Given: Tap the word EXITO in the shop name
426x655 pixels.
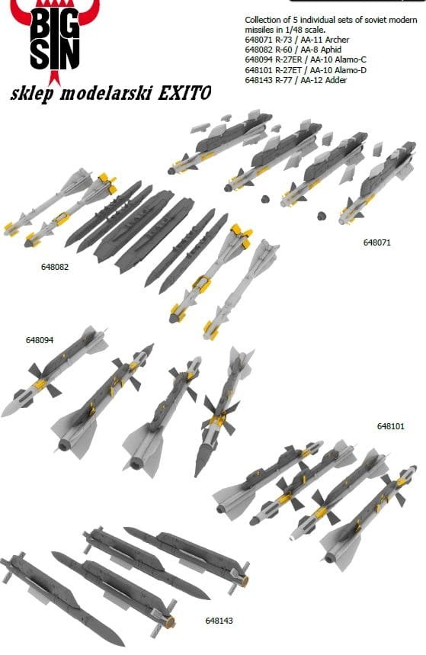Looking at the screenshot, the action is (x=184, y=93).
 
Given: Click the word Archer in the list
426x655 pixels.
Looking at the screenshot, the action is (x=337, y=40).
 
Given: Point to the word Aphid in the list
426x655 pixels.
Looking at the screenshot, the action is (x=330, y=50).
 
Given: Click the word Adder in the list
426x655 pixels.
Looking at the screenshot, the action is (x=336, y=80).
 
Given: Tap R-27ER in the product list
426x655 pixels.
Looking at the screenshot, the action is (x=289, y=59).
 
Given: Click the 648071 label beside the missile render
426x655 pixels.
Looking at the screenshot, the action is (x=377, y=242).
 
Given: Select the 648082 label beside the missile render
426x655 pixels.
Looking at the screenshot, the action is (x=55, y=267).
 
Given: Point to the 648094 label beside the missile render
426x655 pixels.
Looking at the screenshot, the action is (x=40, y=340).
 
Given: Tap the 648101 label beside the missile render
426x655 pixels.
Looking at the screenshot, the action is (x=391, y=426).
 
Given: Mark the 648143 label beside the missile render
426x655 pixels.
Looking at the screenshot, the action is (x=219, y=621).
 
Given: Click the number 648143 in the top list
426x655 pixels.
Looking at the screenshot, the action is (x=258, y=80).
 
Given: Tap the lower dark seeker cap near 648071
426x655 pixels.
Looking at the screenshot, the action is (x=321, y=216).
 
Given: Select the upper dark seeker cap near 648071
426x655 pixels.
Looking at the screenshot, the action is (x=264, y=198).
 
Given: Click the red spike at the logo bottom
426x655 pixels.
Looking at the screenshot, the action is (x=54, y=78).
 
